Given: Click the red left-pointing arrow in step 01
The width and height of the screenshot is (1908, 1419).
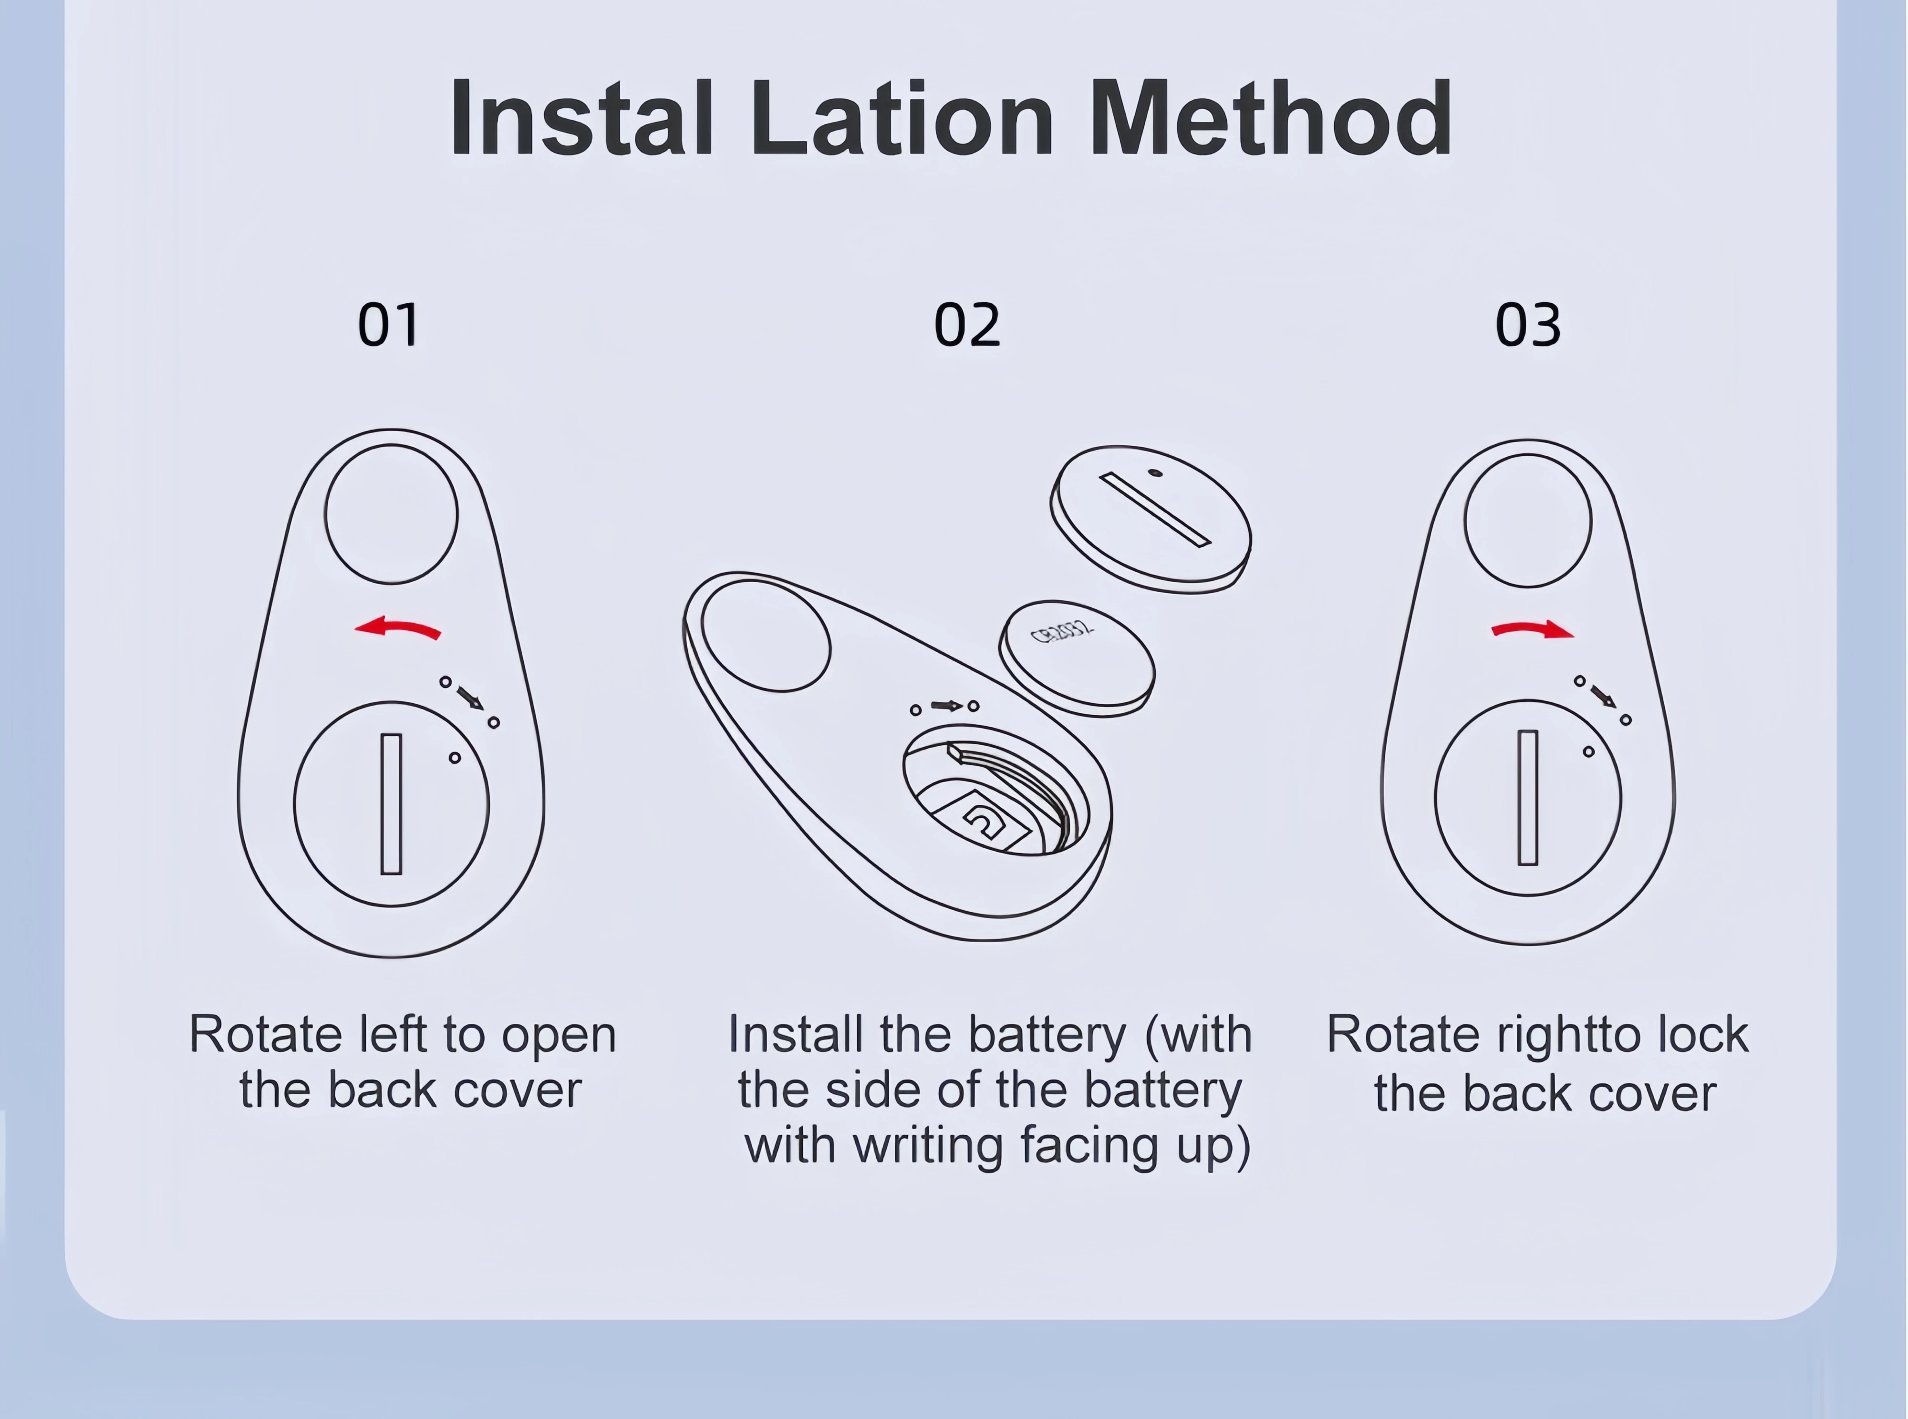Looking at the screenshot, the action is (398, 629).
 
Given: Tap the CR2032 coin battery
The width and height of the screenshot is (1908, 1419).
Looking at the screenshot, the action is (1077, 657).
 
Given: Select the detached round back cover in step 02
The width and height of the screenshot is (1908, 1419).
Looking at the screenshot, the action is (1151, 518).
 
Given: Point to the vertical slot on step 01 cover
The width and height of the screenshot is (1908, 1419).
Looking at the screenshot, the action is (391, 804).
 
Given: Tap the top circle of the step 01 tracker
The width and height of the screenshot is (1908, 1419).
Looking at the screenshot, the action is (391, 514).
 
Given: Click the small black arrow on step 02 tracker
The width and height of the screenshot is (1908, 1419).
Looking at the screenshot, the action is (947, 706).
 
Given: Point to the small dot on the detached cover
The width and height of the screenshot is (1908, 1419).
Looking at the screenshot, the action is (1155, 472).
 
